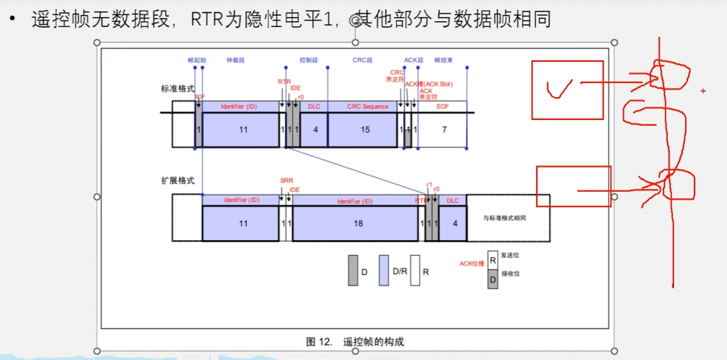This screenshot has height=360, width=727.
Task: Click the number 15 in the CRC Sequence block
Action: (x=365, y=129)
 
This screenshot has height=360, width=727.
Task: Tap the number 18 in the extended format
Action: (x=358, y=223)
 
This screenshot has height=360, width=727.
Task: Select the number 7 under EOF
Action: (x=444, y=129)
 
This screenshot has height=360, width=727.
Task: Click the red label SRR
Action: (x=286, y=181)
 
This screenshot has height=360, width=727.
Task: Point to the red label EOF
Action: (x=442, y=107)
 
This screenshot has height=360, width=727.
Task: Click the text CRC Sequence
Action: (x=368, y=107)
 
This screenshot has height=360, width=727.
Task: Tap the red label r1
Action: (x=429, y=184)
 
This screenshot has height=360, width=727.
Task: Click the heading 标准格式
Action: (x=177, y=89)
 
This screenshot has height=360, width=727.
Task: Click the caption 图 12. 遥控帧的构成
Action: (x=355, y=342)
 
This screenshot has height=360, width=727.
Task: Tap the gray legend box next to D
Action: (x=353, y=271)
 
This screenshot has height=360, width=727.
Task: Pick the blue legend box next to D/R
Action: (x=384, y=271)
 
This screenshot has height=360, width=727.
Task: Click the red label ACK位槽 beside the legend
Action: (x=471, y=263)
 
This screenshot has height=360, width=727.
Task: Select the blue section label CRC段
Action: (x=362, y=60)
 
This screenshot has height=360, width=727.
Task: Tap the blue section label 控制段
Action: (x=308, y=60)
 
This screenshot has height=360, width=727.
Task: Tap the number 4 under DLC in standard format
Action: (x=315, y=129)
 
